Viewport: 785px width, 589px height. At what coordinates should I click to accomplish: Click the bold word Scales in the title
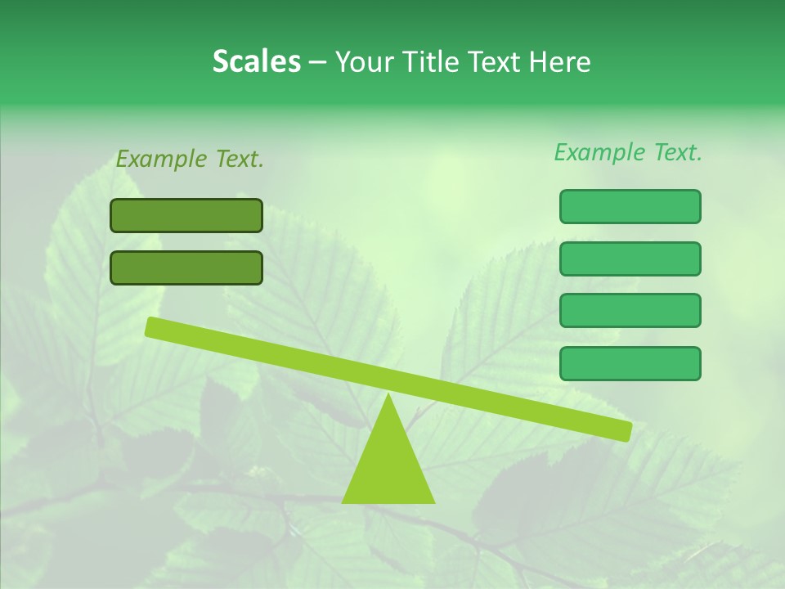point(257,61)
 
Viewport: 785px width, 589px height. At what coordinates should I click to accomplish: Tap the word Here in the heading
point(560,61)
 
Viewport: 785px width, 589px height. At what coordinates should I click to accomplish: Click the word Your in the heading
point(365,62)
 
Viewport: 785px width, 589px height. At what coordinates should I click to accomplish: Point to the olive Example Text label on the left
point(190,159)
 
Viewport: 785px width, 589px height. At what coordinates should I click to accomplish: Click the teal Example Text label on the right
point(628,152)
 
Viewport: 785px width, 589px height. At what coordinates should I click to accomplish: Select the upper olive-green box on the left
point(186,215)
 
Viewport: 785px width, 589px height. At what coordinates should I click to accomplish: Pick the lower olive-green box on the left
point(186,268)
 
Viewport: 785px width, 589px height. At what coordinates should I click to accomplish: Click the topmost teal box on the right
point(630,206)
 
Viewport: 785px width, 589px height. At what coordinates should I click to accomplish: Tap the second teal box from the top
point(630,259)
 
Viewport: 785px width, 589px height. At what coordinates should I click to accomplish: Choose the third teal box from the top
point(630,311)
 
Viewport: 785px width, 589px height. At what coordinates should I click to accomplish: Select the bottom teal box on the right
point(630,363)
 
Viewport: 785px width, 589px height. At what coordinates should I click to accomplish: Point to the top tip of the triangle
point(388,397)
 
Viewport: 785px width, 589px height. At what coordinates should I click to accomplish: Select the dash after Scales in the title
point(317,62)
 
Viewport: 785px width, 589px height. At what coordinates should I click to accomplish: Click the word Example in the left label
point(162,159)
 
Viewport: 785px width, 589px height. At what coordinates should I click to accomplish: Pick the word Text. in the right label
point(675,152)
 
